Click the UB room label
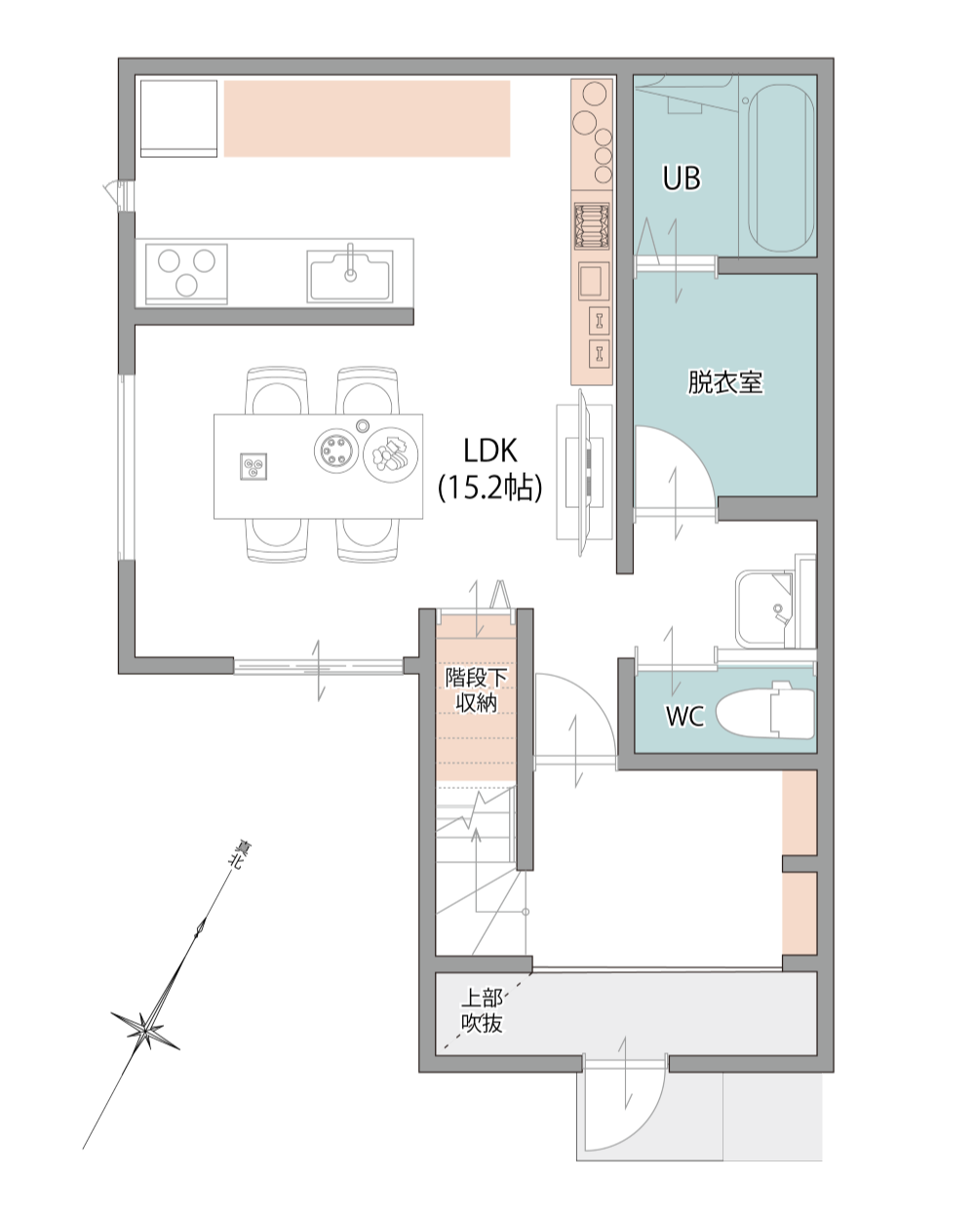681,177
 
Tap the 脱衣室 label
725,381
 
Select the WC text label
684,716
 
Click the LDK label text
490,451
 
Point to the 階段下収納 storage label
477,689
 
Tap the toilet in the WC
764,710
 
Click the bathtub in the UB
781,168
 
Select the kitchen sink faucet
351,262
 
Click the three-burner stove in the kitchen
186,274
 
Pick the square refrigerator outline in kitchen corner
178,118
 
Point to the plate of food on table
390,453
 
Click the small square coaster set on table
253,466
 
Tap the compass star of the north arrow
145,1028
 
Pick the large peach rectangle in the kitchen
368,118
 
